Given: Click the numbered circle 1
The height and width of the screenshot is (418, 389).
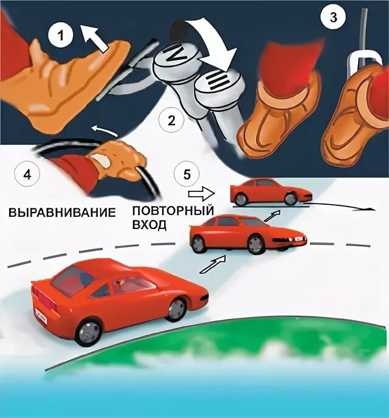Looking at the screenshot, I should (60, 36).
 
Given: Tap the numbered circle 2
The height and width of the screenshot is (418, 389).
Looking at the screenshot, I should (171, 120).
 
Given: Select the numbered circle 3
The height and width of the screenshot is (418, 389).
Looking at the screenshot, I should (332, 18).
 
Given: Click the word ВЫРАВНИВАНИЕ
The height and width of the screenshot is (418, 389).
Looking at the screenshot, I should (62, 213).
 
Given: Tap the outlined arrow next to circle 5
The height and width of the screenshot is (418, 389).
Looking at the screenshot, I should (199, 194).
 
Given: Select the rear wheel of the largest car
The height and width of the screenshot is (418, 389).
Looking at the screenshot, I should (89, 331).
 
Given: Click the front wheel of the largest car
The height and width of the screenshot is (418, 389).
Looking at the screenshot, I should (177, 309).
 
